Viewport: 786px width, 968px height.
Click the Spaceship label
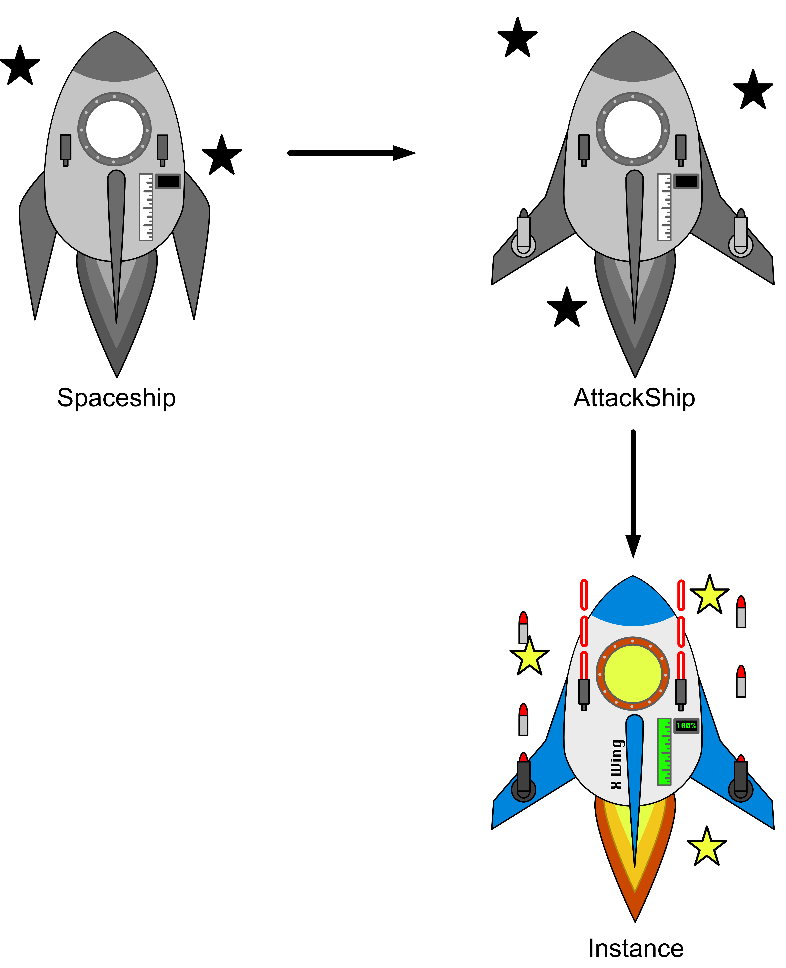pyautogui.click(x=116, y=398)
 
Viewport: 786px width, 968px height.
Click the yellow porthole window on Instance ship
pyautogui.click(x=632, y=674)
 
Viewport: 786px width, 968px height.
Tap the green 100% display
pyautogui.click(x=686, y=726)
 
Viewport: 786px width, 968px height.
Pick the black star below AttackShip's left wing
pyautogui.click(x=567, y=308)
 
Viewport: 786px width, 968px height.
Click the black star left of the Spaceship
pyautogui.click(x=20, y=66)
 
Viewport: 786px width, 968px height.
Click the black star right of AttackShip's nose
pyautogui.click(x=753, y=91)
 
